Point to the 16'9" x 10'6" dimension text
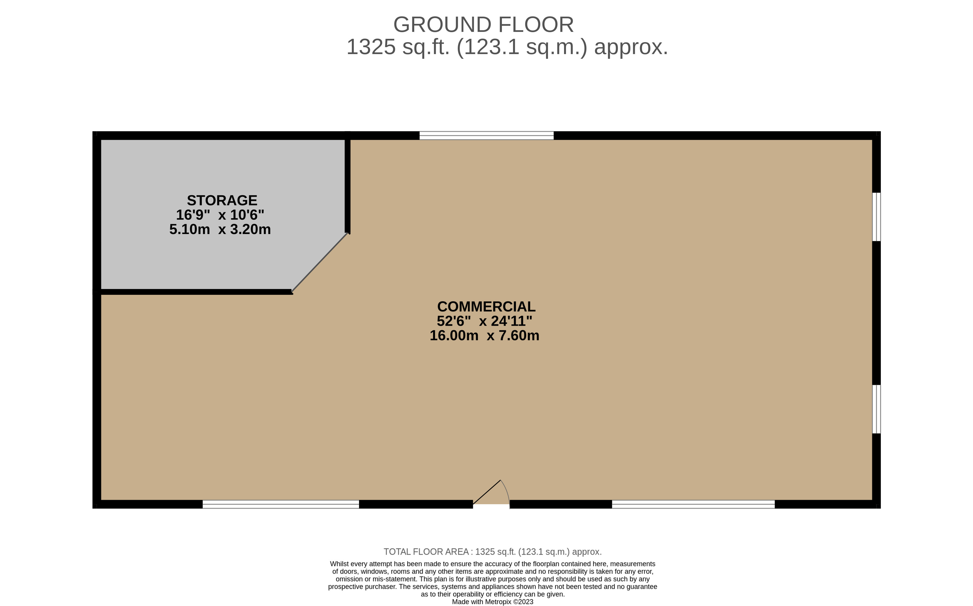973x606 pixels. [220, 215]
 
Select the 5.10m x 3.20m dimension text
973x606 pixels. [220, 229]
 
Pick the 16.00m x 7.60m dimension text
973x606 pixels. [484, 336]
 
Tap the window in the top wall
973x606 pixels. [486, 135]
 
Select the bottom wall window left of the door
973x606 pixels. [280, 504]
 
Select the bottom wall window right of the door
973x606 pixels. [693, 504]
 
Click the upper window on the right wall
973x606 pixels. [876, 217]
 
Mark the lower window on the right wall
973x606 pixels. [876, 409]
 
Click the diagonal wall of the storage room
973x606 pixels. [320, 263]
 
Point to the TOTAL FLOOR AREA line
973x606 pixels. [492, 552]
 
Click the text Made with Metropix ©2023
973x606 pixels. [492, 602]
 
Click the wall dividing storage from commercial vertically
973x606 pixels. [348, 184]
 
